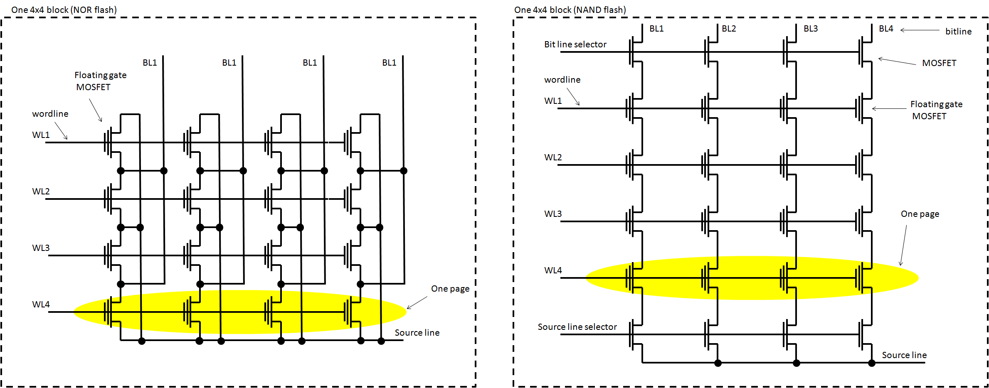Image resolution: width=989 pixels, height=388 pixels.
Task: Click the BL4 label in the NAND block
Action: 885,29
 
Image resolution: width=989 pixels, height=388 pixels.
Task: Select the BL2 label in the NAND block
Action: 729,29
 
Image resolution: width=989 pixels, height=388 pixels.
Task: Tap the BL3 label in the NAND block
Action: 810,29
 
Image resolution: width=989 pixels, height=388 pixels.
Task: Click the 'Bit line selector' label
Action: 575,44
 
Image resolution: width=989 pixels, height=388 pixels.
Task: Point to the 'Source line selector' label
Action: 577,327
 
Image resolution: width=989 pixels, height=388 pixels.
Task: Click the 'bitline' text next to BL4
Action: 958,32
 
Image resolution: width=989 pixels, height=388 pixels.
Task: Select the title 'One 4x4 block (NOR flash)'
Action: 64,10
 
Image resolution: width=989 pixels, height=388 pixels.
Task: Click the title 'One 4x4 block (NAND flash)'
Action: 570,10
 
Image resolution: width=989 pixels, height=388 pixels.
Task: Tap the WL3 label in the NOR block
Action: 41,248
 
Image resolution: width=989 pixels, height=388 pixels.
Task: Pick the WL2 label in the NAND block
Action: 553,157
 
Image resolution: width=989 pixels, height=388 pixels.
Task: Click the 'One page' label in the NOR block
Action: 450,289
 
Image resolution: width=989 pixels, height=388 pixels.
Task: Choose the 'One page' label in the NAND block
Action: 920,214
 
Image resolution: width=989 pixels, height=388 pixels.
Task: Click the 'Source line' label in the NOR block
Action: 417,333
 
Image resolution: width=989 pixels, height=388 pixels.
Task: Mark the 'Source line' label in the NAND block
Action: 904,355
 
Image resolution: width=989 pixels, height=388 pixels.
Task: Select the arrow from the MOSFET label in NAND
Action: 897,61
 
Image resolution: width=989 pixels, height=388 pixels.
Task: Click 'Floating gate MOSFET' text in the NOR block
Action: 100,81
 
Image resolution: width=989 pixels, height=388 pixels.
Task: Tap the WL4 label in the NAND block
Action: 553,270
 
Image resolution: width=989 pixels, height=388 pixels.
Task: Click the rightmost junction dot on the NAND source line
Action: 872,363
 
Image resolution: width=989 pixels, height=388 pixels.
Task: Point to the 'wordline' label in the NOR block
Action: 50,114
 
